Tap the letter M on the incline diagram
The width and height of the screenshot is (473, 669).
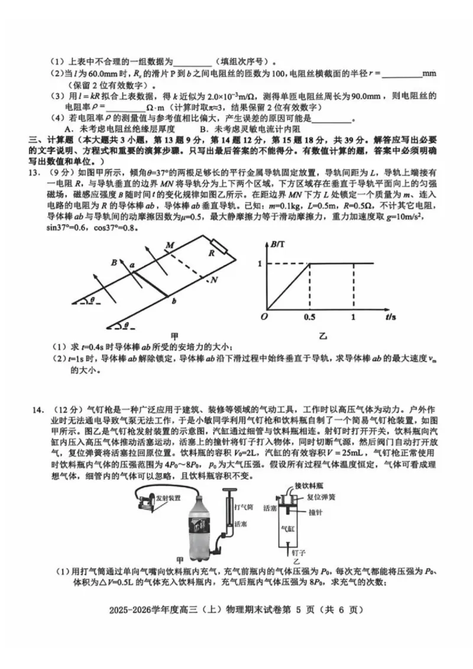pos(170,245)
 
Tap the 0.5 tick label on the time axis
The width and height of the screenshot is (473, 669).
pos(309,317)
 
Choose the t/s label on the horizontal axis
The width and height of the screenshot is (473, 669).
pos(390,317)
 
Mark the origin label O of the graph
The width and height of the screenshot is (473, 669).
pos(265,317)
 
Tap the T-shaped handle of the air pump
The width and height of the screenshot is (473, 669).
pos(229,491)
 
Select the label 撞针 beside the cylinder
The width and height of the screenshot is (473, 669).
pos(317,512)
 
